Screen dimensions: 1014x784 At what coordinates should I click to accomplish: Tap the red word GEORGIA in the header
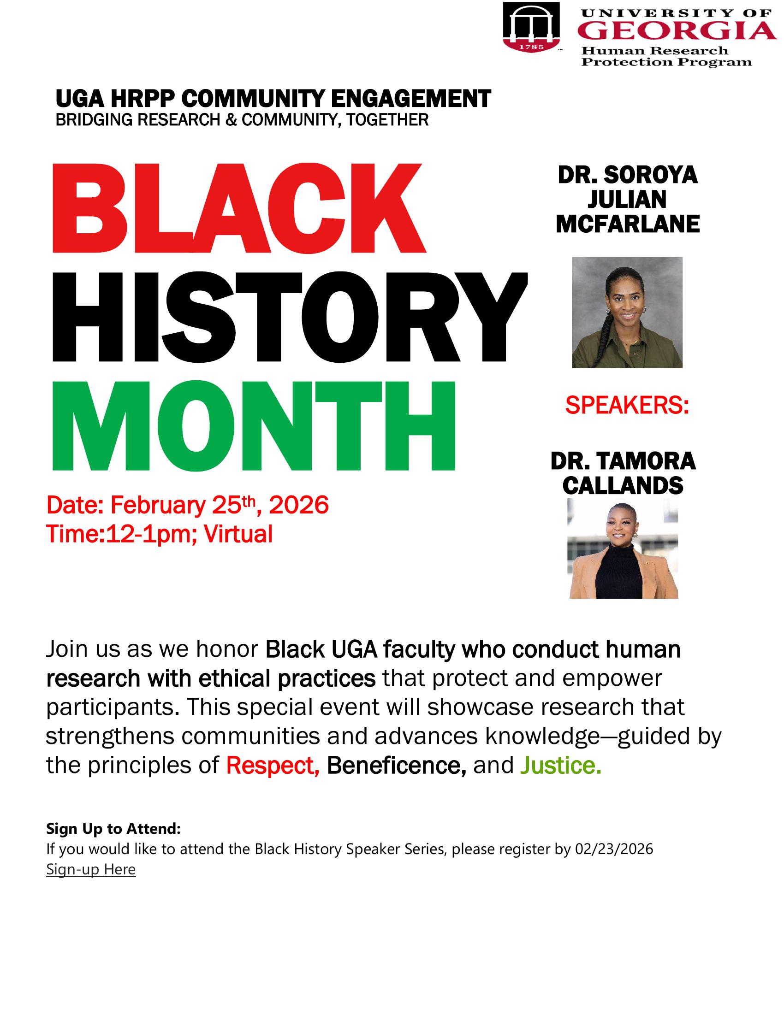pyautogui.click(x=677, y=31)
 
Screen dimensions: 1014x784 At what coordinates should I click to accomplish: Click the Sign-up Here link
pyautogui.click(x=91, y=869)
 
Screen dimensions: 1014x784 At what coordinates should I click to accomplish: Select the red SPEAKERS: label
pyautogui.click(x=627, y=406)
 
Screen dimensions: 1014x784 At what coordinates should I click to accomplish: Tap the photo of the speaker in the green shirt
pyautogui.click(x=627, y=312)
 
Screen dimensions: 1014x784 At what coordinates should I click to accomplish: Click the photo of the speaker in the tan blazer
pyautogui.click(x=623, y=548)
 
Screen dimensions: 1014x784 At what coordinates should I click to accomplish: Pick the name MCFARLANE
pyautogui.click(x=628, y=224)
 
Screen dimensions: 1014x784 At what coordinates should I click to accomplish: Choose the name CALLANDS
pyautogui.click(x=623, y=486)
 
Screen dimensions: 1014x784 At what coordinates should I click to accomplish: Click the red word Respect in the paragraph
pyautogui.click(x=273, y=766)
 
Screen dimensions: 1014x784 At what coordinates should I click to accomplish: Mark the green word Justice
pyautogui.click(x=561, y=766)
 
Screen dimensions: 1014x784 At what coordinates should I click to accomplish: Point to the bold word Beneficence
pyautogui.click(x=396, y=766)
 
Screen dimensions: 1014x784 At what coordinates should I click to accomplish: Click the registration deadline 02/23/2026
pyautogui.click(x=614, y=849)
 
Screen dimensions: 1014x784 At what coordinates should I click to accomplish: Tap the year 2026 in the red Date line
pyautogui.click(x=299, y=505)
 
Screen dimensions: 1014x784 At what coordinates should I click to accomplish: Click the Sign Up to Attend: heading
pyautogui.click(x=113, y=829)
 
